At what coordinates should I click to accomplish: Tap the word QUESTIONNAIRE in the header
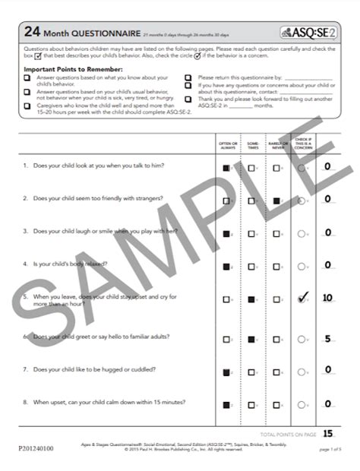tap(99, 33)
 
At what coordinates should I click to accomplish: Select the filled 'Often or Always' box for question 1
tap(226, 166)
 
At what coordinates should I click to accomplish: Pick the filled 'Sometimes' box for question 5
tap(251, 300)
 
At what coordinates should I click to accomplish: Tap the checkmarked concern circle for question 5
tap(302, 299)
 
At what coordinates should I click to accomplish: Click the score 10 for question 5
tap(327, 298)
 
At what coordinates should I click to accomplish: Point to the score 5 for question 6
tap(327, 339)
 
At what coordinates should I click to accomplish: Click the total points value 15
tap(327, 434)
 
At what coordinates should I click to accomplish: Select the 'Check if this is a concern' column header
tap(302, 143)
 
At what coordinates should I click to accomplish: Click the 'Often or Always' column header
tap(227, 145)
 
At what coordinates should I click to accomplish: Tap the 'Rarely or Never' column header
tap(276, 145)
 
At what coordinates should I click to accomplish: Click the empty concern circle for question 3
tap(302, 233)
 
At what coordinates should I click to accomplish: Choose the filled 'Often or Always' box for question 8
tap(226, 405)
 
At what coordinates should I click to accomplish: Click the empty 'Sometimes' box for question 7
tap(251, 372)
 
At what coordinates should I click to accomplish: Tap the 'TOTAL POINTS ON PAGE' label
tap(285, 435)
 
